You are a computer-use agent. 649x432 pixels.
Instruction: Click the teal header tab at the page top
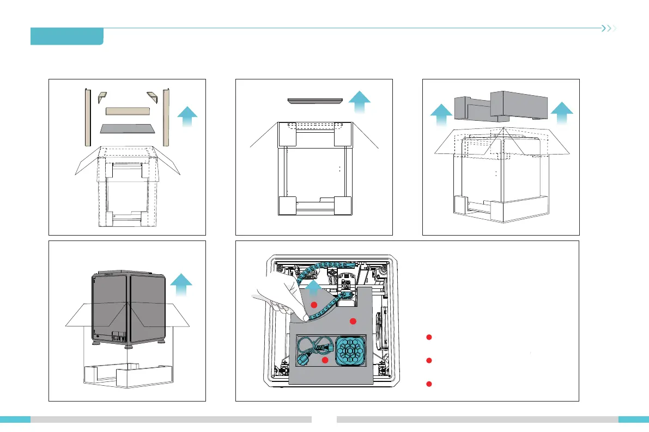67,36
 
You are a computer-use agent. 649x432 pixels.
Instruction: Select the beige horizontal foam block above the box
127,111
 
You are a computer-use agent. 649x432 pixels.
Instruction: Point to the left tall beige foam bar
87,117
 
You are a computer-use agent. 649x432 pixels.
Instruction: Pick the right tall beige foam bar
167,117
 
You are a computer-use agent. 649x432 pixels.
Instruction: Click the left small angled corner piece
101,97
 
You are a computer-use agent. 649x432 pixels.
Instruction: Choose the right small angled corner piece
152,97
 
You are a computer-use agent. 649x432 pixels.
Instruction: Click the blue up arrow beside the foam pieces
188,116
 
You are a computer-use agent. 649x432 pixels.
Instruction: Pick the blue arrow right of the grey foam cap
561,116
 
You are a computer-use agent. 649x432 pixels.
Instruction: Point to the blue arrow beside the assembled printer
181,287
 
